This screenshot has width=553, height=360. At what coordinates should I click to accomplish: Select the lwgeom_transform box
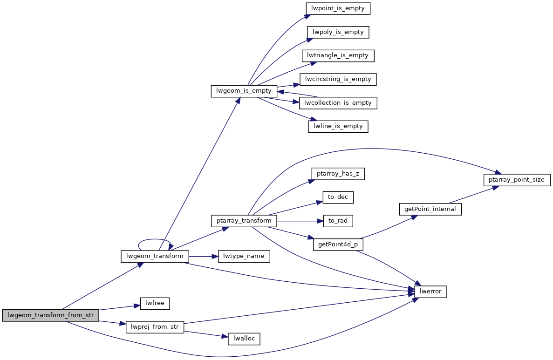tap(155, 256)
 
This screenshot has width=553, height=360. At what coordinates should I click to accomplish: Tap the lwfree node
tap(155, 304)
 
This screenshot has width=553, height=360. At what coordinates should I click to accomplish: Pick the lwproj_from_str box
tap(155, 327)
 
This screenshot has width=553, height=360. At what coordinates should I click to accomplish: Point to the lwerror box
tap(430, 292)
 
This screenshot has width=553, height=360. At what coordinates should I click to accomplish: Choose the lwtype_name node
tap(244, 256)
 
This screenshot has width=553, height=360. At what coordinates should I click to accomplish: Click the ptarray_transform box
tap(244, 221)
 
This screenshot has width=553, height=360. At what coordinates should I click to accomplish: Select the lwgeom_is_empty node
tap(244, 91)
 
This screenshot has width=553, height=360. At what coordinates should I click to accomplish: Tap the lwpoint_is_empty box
tap(338, 8)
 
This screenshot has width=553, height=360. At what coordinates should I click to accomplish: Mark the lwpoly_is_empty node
tap(338, 32)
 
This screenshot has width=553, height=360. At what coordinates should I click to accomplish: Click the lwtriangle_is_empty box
tap(338, 55)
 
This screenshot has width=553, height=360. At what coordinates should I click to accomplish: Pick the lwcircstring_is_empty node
tap(338, 79)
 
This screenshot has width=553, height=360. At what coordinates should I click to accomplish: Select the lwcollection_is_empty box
tap(338, 103)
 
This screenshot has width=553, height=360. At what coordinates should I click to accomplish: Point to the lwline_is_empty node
tap(338, 126)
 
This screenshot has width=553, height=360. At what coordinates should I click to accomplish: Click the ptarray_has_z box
tap(338, 174)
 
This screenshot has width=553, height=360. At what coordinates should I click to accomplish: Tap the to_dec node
tap(338, 197)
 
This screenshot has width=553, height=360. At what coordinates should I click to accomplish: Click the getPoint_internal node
tap(430, 209)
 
